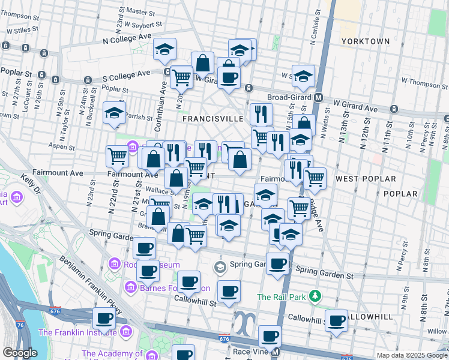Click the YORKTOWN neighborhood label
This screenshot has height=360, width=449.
point(366,41)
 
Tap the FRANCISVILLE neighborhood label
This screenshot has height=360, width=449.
point(211,119)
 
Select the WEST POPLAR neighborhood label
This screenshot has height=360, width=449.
point(366,179)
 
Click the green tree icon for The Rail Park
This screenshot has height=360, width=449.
point(315,296)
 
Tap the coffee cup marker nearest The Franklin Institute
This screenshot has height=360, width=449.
point(104,319)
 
